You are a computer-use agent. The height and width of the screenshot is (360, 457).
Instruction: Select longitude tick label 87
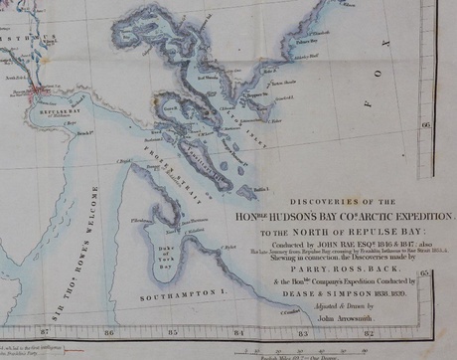tap(44, 331)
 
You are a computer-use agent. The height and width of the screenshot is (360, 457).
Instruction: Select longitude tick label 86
tap(108, 331)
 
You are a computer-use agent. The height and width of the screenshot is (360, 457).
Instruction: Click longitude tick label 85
tap(174, 331)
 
